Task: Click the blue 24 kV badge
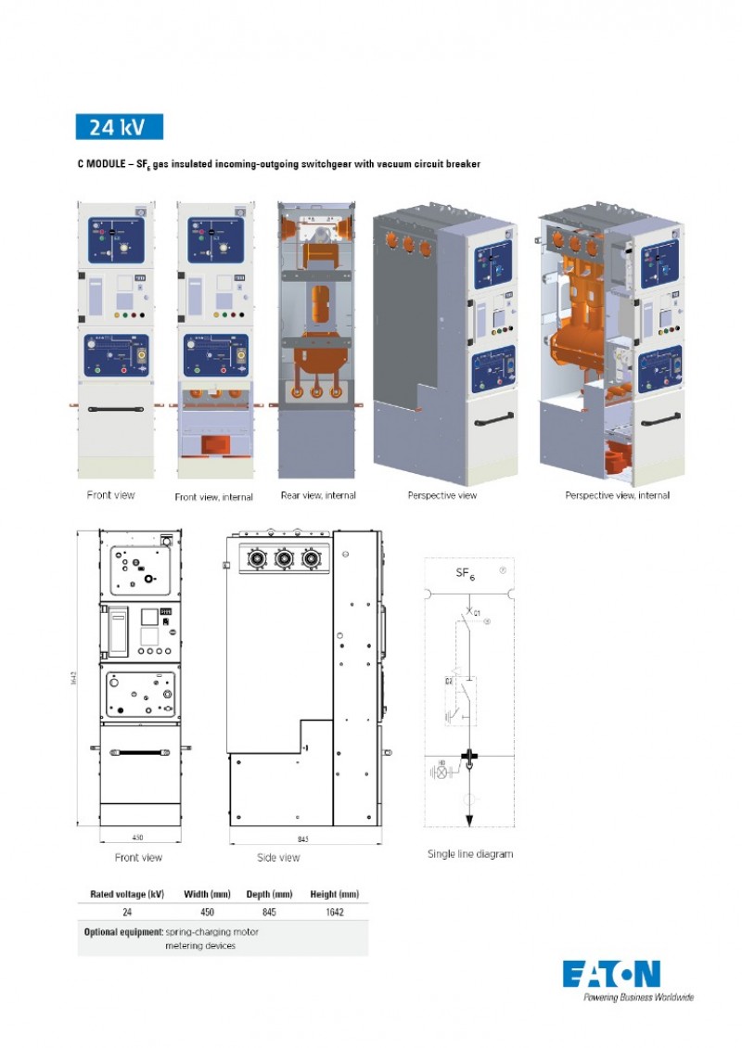point(119,127)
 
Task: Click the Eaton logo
point(612,975)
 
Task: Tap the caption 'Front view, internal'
point(213,497)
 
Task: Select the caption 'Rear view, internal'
point(318,495)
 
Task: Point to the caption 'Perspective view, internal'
point(617,495)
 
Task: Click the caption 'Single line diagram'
point(469,853)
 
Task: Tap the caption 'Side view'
point(278,858)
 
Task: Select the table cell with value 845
point(270,912)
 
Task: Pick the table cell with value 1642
point(334,912)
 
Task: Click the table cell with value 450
point(208,912)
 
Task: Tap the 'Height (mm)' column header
point(334,894)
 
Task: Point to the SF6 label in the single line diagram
point(465,574)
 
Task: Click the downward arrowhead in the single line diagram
point(469,820)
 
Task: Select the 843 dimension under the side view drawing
point(303,839)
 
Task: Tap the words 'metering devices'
point(200,945)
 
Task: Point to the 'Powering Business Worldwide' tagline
point(638,998)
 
